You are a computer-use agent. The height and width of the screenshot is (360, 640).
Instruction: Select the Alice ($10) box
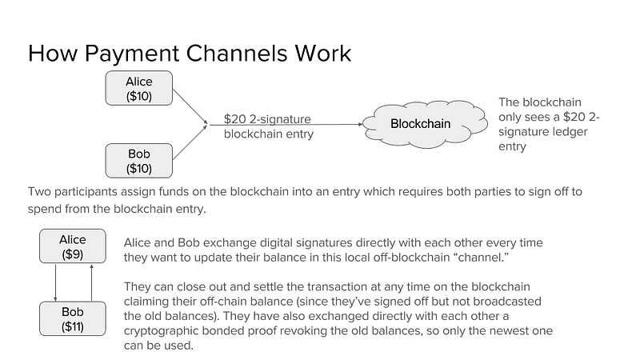click(139, 89)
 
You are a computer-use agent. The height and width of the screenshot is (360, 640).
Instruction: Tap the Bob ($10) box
click(139, 161)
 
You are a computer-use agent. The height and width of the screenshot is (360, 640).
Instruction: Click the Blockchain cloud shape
click(421, 124)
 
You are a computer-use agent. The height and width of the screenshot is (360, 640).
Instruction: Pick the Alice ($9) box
click(73, 247)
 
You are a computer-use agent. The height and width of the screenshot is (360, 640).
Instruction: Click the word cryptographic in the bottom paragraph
click(160, 330)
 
